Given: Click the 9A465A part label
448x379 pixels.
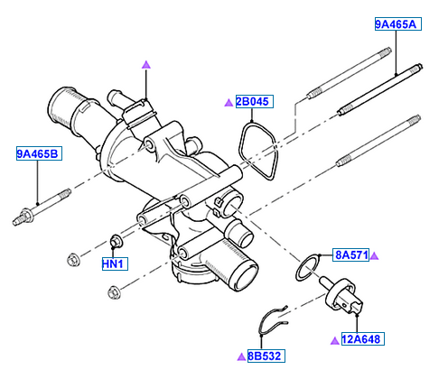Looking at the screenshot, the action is coord(397,24).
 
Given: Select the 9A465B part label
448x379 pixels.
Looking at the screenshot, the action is coord(39,153).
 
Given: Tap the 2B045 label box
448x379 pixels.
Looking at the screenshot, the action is coord(255,102).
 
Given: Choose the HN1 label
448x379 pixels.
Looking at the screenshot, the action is coord(115,263).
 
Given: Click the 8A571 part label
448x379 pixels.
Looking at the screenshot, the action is coord(350,255).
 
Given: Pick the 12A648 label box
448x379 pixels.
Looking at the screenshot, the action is coord(363,339).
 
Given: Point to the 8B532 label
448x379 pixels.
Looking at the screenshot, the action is coord(266,356).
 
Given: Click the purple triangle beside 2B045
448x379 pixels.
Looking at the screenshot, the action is coord(229,103).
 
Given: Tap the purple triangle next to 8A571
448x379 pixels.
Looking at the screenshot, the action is coord(374,256).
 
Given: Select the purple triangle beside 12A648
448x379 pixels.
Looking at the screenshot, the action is coord(335,341).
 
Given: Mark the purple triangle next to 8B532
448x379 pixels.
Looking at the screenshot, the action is coord(241,357).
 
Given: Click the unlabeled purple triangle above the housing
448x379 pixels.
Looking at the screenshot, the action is coord(146,65).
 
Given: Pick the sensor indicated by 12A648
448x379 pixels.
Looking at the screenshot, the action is coord(341,296).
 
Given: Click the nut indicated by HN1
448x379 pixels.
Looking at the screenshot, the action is coord(116,241).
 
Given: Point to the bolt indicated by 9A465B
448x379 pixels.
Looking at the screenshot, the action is coord(42,207).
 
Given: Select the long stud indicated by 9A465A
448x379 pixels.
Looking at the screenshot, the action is coord(380,89).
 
